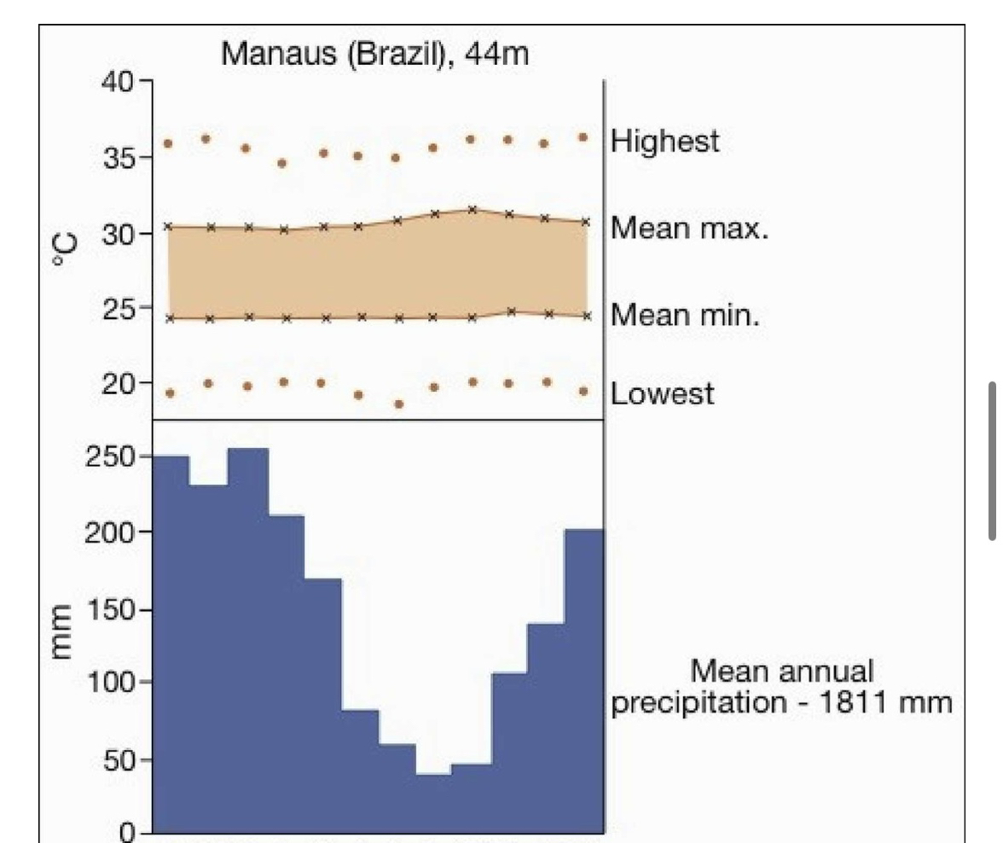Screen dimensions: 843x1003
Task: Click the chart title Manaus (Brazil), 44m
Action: (x=374, y=55)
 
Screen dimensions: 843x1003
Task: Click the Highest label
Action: (x=664, y=141)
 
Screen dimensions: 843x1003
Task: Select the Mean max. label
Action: (x=689, y=229)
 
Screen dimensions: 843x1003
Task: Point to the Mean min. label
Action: (x=685, y=316)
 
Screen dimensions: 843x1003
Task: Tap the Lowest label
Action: (x=663, y=394)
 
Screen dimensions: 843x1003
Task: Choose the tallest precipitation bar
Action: (x=247, y=640)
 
